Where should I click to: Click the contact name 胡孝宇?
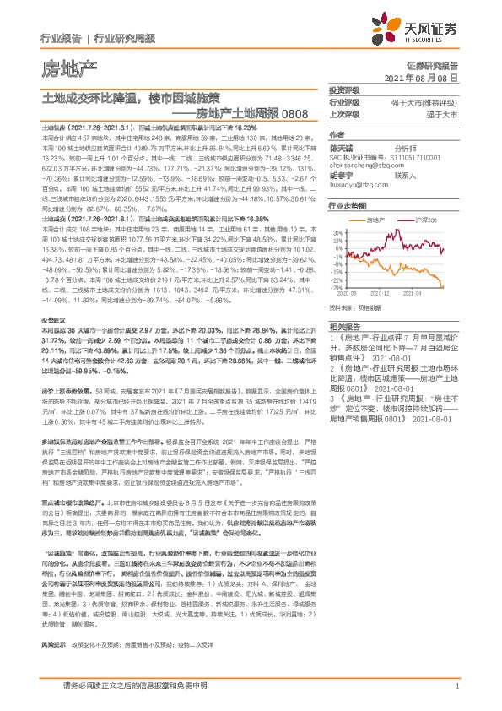pyautogui.click(x=343, y=176)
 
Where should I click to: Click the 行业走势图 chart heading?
pyautogui.click(x=348, y=204)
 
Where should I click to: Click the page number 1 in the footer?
pyautogui.click(x=456, y=687)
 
